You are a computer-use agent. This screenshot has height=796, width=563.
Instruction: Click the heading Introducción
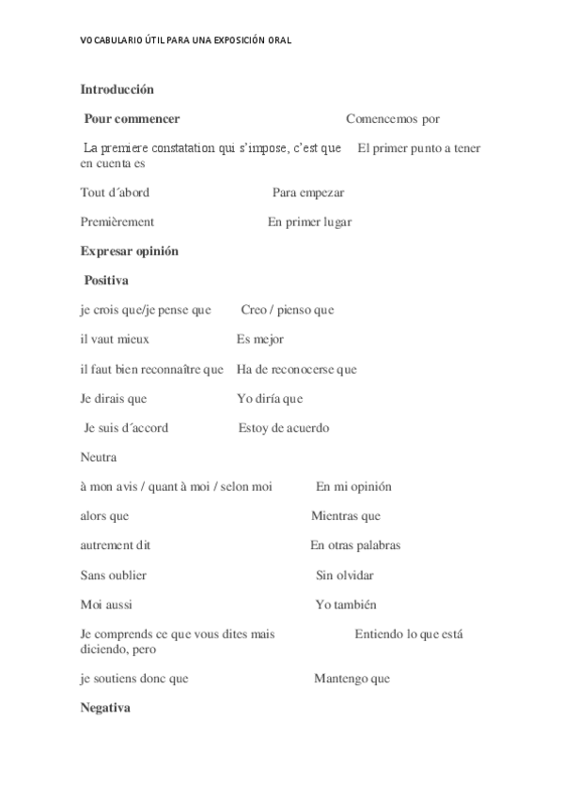[x=117, y=90]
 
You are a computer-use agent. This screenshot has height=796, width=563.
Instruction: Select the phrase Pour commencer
[x=132, y=119]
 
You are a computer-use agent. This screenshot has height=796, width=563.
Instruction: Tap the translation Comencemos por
[x=393, y=119]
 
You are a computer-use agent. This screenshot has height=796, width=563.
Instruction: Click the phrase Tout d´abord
[x=115, y=192]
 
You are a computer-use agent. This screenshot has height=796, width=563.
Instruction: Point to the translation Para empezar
[x=308, y=192]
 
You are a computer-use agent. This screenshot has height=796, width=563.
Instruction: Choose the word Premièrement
[x=117, y=222]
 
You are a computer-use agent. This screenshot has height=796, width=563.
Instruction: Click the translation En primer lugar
[x=310, y=222]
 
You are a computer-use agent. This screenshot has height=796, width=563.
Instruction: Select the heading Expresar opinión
[x=130, y=252]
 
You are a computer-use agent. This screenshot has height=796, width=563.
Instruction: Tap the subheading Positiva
[x=106, y=281]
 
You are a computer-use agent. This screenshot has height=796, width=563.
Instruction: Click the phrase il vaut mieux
[x=115, y=339]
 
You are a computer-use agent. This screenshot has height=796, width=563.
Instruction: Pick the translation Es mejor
[x=260, y=339]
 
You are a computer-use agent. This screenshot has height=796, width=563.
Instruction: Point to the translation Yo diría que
[x=270, y=399]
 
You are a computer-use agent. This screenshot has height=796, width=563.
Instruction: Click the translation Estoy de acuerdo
[x=284, y=428]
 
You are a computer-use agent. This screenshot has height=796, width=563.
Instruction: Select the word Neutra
[x=99, y=457]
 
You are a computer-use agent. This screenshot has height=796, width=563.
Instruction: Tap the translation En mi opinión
[x=353, y=487]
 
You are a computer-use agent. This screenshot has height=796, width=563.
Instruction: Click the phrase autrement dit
[x=116, y=545]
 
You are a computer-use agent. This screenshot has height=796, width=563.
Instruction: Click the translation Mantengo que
[x=352, y=679]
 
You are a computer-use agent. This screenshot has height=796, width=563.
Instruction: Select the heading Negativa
[x=105, y=708]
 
